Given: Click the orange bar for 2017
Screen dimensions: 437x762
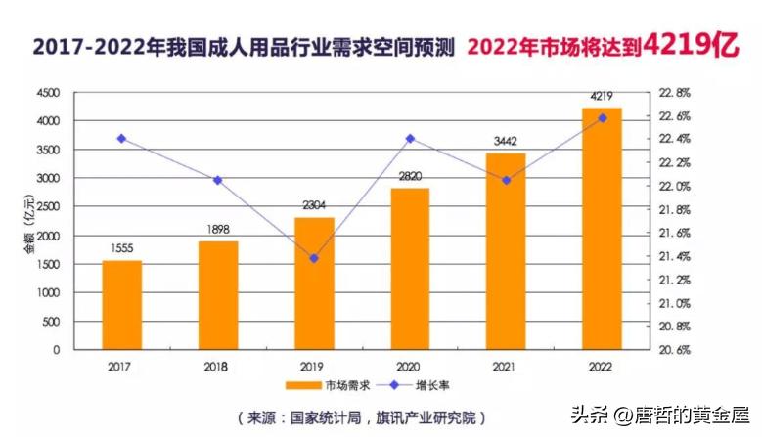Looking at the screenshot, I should coord(122,305).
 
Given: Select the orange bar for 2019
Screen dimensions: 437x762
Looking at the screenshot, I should coord(314,284).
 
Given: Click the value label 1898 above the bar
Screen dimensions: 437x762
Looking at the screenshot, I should coord(218,230).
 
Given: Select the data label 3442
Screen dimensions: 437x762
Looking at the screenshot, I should coord(506,142).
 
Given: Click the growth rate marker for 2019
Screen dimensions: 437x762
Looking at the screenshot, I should coord(314,258).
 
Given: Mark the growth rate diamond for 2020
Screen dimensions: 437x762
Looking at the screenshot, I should coord(410,139).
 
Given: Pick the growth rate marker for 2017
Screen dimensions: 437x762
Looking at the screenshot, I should coord(122,139).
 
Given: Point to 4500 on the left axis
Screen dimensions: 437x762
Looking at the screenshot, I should coord(47,93).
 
